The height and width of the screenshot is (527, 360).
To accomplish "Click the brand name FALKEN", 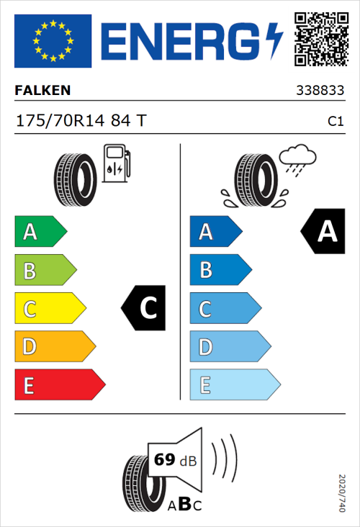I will point(42,91).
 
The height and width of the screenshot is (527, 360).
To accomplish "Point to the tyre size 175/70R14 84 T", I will point(80,121).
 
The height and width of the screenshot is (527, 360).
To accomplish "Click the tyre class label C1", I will point(335,122).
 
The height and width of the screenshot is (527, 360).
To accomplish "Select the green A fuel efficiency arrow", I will point(40,232).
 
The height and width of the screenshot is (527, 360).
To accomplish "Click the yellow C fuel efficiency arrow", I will point(49,309).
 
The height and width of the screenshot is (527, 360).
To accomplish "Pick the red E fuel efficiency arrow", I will point(59,385).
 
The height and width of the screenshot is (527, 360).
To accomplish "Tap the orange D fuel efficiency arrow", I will point(54,347).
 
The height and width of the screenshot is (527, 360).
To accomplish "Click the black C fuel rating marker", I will point(143,309).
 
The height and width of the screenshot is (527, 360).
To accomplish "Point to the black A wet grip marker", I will point(323,232).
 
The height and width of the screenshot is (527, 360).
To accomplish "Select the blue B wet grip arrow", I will point(220,270).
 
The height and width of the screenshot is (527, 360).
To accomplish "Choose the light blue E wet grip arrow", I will point(234,385).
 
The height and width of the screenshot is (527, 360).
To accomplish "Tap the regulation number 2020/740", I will point(342,492).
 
